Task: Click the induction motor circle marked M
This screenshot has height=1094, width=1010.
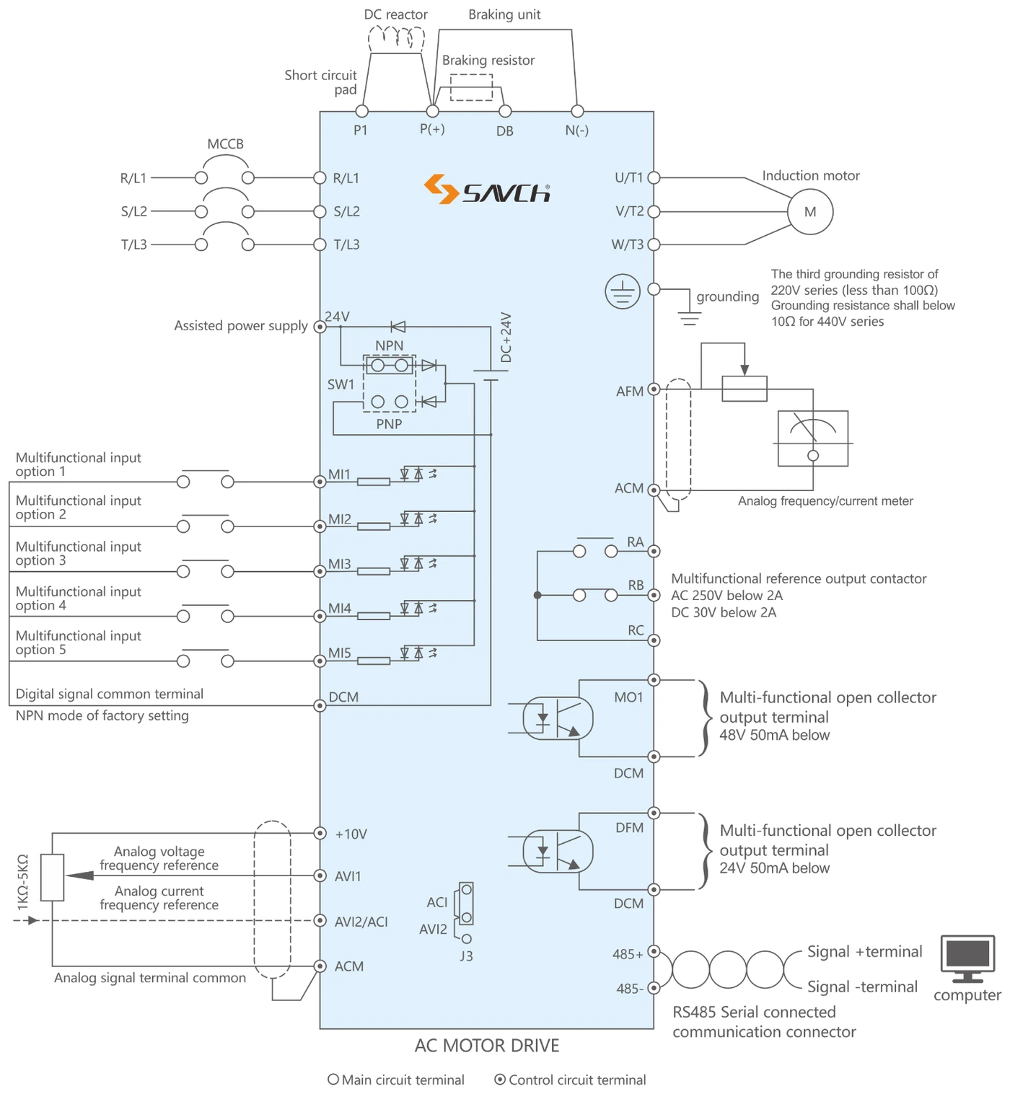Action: click(809, 211)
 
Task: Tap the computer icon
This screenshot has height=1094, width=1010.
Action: click(967, 959)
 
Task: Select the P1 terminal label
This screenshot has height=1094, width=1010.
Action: click(360, 130)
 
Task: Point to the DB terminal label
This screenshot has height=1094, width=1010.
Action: click(504, 131)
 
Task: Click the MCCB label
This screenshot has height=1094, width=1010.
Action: click(225, 144)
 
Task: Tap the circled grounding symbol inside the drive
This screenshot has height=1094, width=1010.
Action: click(623, 291)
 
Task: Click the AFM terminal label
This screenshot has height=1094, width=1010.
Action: click(630, 391)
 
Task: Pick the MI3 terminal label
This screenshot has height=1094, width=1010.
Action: click(340, 563)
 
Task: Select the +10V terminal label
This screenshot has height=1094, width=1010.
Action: click(351, 834)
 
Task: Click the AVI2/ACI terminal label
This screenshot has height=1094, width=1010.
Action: click(361, 922)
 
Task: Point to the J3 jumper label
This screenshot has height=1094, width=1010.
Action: click(466, 956)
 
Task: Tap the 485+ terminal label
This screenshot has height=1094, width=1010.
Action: click(628, 953)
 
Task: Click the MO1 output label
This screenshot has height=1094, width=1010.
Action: click(628, 697)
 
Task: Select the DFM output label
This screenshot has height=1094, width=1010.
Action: click(629, 827)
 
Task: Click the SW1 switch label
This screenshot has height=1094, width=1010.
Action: click(341, 384)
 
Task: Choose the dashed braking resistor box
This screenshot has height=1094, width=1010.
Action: click(471, 87)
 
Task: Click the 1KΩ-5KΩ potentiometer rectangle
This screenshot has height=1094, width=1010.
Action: click(52, 878)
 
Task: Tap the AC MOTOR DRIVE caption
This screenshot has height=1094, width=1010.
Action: click(487, 1045)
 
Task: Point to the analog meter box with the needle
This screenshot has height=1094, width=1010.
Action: click(812, 438)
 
